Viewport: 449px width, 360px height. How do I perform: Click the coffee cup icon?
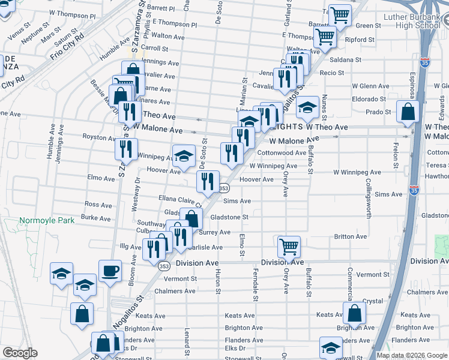point(110,271)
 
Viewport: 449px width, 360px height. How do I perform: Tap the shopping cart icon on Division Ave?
point(289,247)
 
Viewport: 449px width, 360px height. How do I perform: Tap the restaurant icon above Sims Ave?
point(208,182)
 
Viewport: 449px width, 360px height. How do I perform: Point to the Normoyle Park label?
point(47,220)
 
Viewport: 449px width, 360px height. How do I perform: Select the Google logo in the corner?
point(20,353)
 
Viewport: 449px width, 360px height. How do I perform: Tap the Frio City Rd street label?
point(67,47)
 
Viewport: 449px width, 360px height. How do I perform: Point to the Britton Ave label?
point(351,236)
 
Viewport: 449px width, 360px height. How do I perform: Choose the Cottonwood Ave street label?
point(282,153)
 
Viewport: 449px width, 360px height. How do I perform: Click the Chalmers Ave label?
point(175,291)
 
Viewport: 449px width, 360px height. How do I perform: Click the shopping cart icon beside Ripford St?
point(325,36)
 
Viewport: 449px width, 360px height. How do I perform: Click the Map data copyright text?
point(411,355)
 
